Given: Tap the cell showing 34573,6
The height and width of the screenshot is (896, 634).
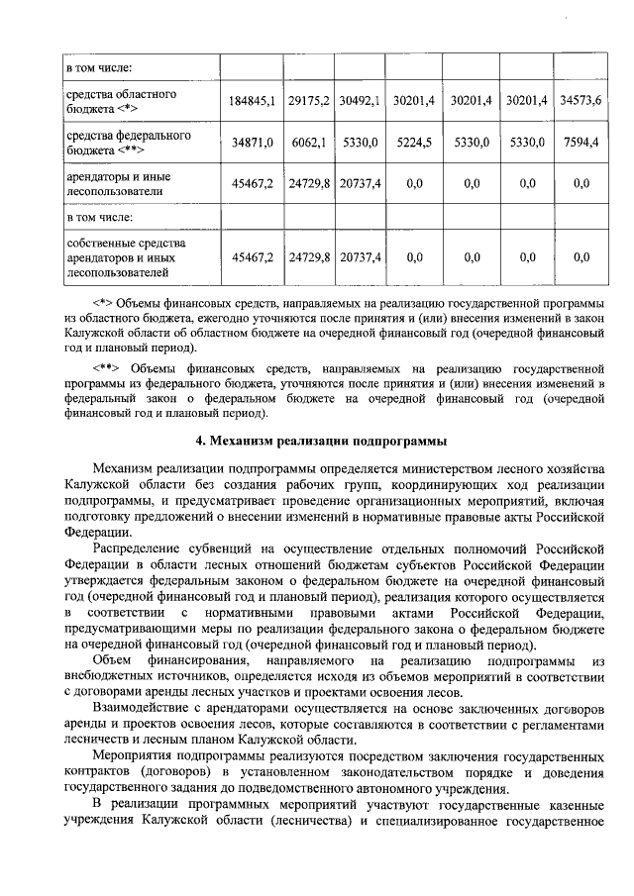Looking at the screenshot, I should click(x=581, y=101).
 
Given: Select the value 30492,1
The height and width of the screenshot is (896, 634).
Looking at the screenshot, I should click(x=359, y=101).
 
